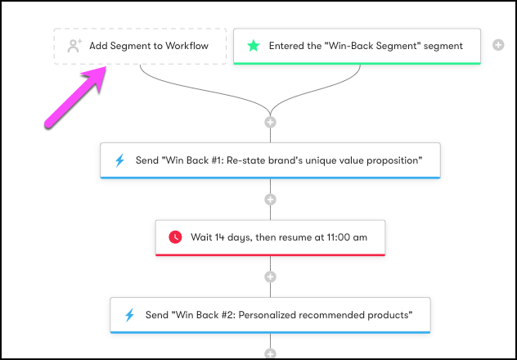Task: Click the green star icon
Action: point(254,46)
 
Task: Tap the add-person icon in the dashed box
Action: point(74,46)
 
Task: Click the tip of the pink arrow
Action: point(106,67)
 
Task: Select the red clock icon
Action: point(175,237)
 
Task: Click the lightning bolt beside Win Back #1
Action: point(119,160)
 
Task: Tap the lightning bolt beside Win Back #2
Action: point(129,315)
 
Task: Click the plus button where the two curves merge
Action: point(271,122)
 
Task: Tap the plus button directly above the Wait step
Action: point(271,200)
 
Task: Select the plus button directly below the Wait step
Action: point(271,277)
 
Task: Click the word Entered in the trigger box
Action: point(285,46)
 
